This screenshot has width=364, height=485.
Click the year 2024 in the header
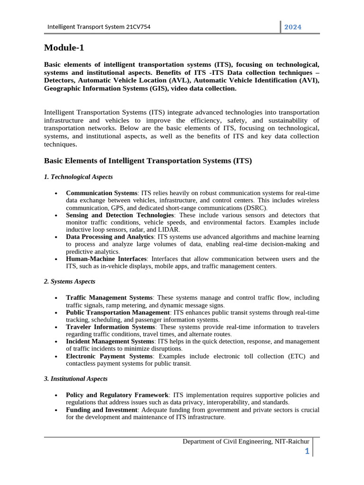[x=292, y=27]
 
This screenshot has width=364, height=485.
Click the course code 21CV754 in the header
[x=138, y=27]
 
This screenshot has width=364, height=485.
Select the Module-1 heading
[x=64, y=47]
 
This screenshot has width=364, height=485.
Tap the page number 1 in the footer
[x=307, y=451]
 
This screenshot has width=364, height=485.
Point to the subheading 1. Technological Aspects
[x=78, y=177]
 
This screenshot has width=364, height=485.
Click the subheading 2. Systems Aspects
[x=70, y=281]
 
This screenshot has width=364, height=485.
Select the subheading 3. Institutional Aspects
[x=76, y=379]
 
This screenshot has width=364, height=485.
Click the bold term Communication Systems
[x=101, y=193]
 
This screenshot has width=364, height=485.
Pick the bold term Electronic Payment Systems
[x=109, y=356]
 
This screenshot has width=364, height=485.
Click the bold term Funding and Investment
[x=101, y=410]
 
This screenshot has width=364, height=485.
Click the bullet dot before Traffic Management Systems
[x=56, y=298]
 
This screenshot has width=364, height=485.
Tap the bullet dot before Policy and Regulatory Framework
[x=56, y=395]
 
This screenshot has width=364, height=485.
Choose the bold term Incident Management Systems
[x=109, y=341]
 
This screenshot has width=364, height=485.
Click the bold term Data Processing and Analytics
[x=109, y=236]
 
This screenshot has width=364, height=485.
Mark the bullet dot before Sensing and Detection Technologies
[x=56, y=216]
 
